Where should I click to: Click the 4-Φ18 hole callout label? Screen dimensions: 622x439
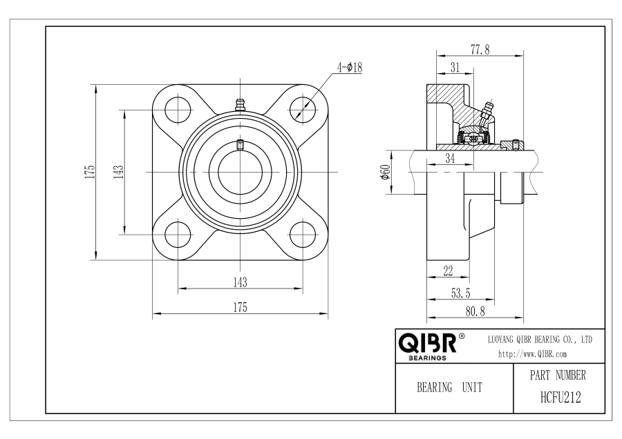click(350, 68)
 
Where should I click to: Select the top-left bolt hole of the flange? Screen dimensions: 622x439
click(178, 109)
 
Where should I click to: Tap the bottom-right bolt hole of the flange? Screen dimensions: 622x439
click(303, 235)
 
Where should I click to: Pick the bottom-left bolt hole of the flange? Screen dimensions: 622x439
click(178, 235)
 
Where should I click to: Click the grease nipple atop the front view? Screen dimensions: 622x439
click(240, 105)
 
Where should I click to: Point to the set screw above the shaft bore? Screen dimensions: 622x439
click(240, 145)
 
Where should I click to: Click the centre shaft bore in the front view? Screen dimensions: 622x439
click(240, 172)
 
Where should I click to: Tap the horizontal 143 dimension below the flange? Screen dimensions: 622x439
click(240, 282)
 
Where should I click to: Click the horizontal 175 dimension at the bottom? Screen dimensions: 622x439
click(240, 307)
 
